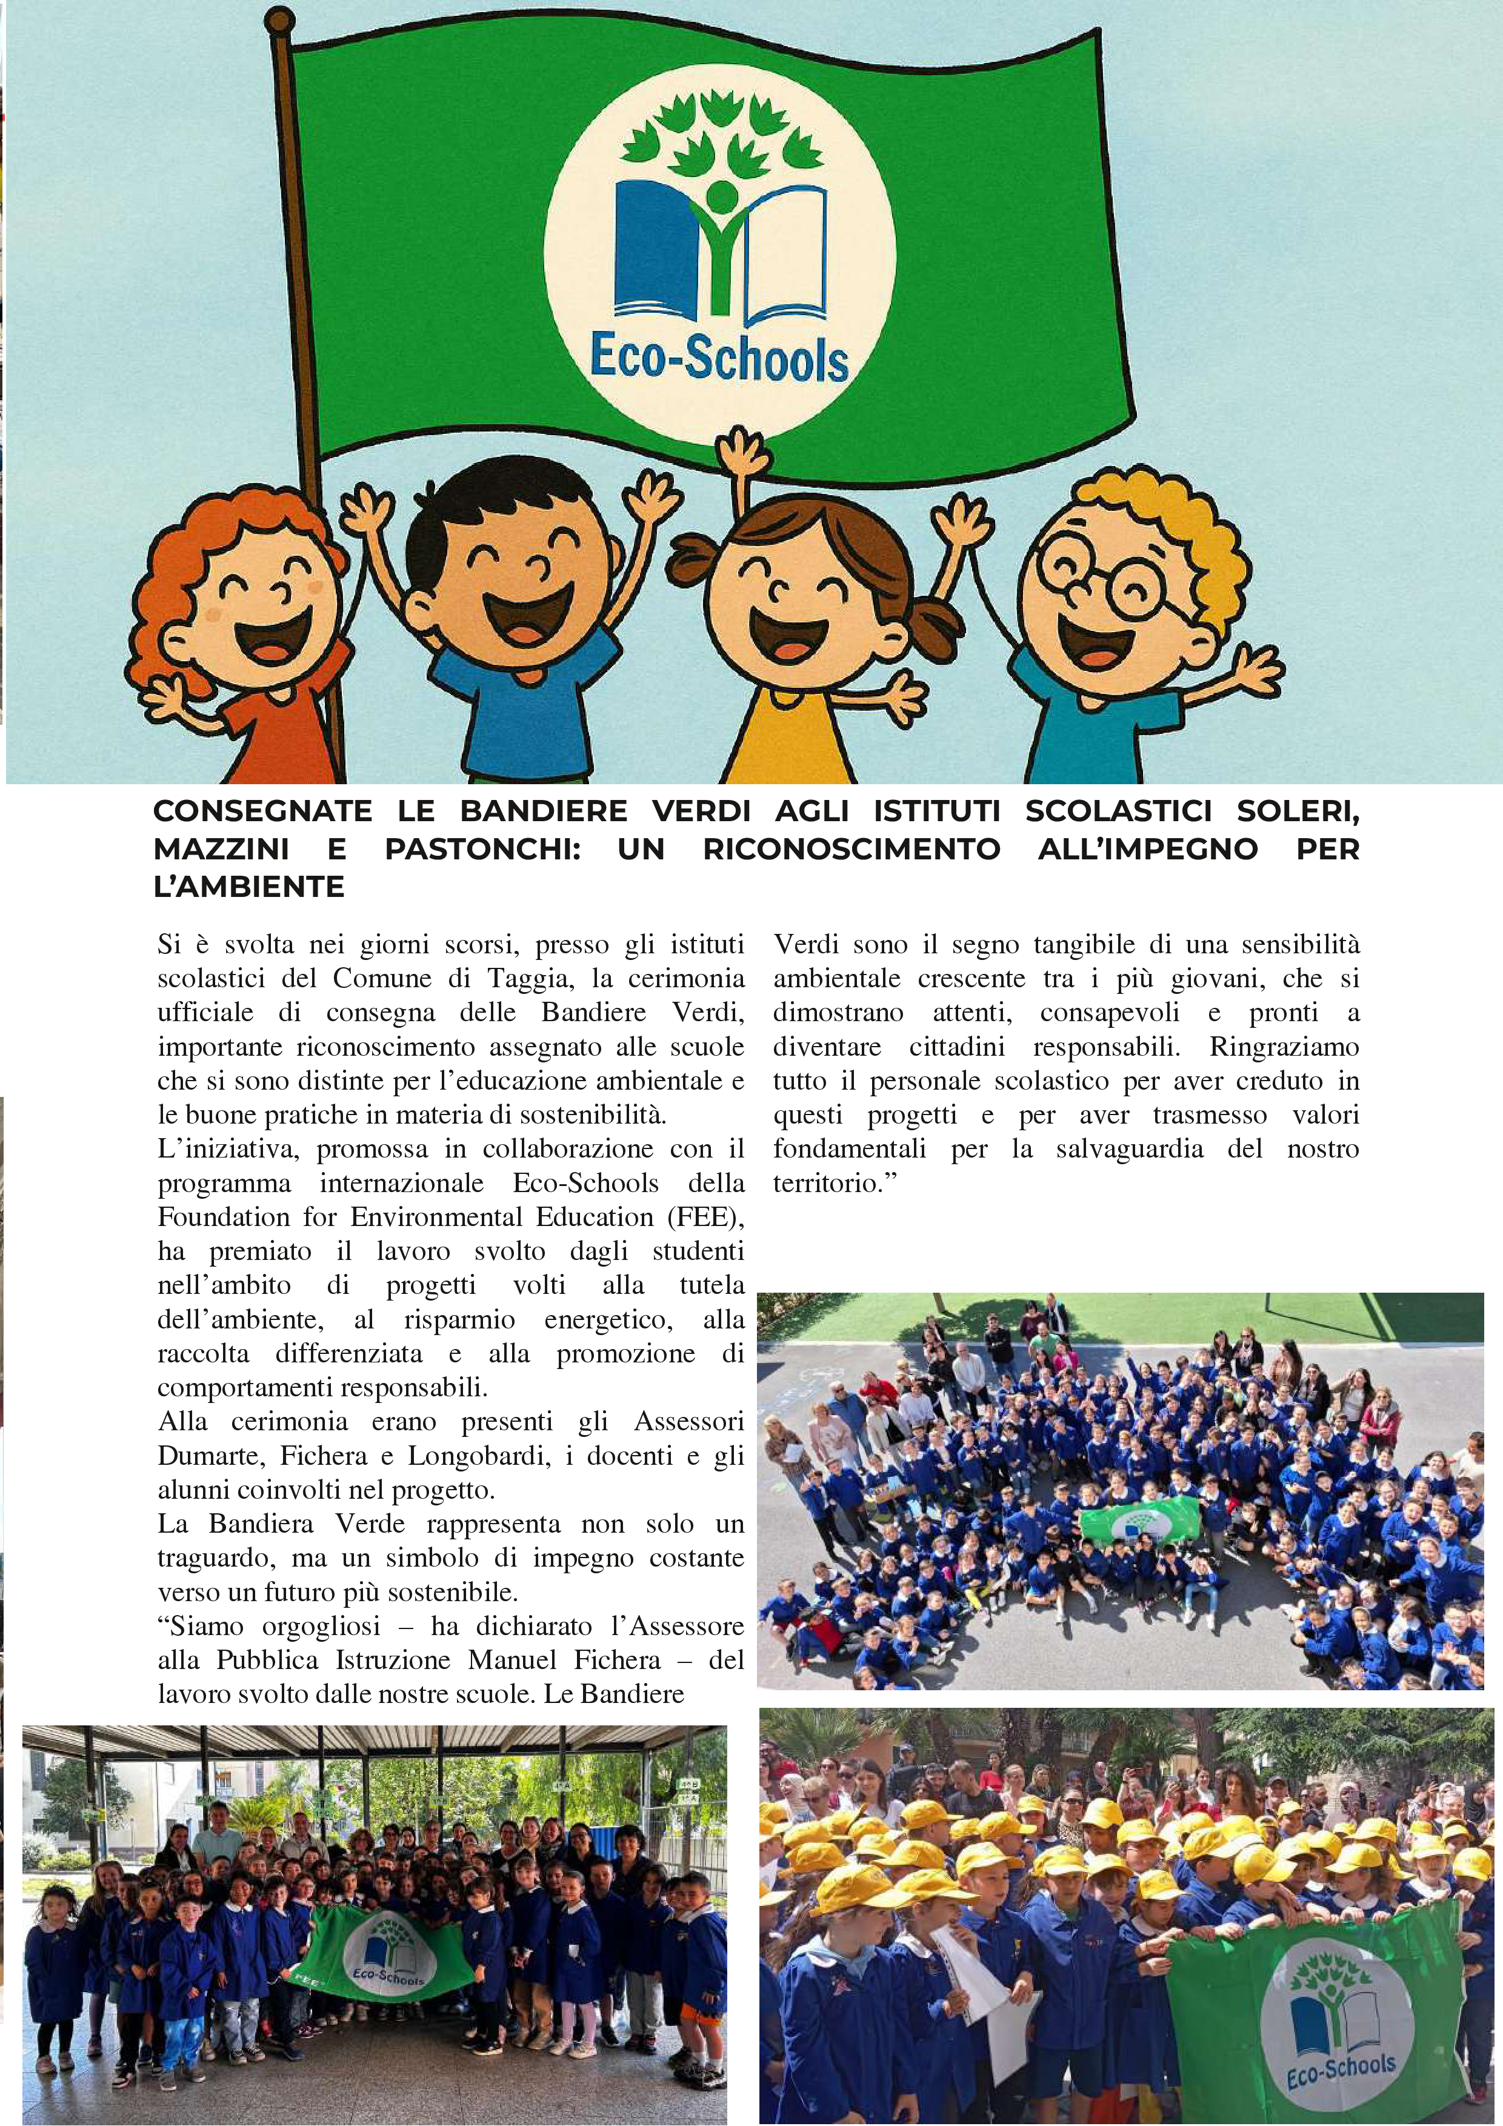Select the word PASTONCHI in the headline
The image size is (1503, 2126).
coord(482,849)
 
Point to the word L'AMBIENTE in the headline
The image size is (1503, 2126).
coord(248,887)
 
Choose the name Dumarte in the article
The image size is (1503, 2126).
coord(211,1456)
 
